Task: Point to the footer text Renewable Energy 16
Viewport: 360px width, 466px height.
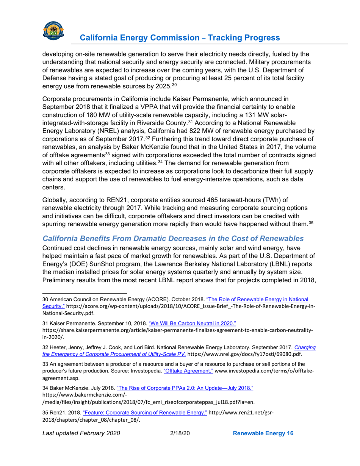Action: coord(263,444)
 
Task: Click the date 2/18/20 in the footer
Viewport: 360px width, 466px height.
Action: coord(178,444)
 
